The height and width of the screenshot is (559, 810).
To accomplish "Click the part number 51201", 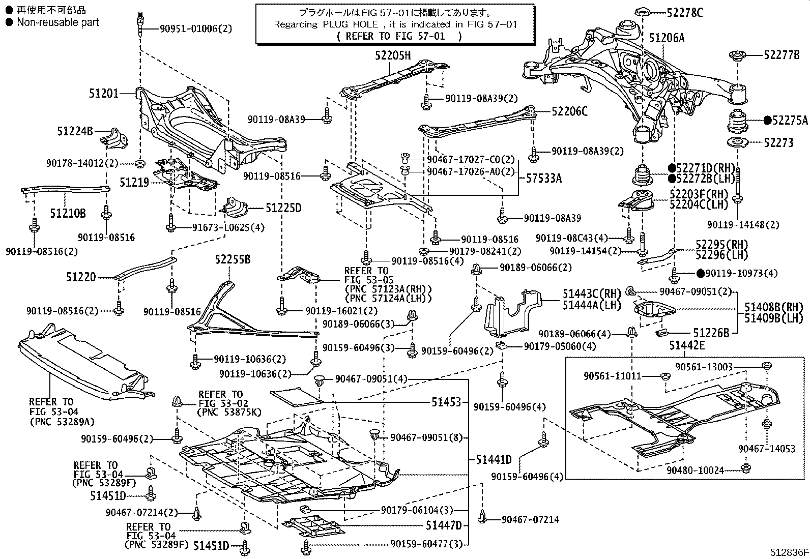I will (x=103, y=94).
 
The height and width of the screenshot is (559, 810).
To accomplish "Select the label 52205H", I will (x=393, y=56).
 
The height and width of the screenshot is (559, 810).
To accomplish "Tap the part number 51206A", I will (x=667, y=37).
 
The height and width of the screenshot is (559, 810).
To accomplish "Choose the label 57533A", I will (x=544, y=179).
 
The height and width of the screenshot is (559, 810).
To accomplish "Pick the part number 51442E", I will (x=687, y=345).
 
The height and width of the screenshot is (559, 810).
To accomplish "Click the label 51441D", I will (x=494, y=460).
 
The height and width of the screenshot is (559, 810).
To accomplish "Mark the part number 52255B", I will (x=232, y=259).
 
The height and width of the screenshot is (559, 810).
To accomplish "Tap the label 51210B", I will (x=68, y=213).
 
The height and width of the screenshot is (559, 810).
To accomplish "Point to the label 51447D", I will (x=444, y=525).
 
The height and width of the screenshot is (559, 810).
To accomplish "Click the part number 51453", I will (x=446, y=402).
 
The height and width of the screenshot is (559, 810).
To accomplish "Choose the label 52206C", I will (x=569, y=111).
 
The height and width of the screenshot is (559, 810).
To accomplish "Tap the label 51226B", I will (x=711, y=333).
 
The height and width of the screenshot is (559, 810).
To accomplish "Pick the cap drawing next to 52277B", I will (x=737, y=55).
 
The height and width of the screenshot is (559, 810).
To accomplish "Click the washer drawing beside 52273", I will (x=737, y=143).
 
